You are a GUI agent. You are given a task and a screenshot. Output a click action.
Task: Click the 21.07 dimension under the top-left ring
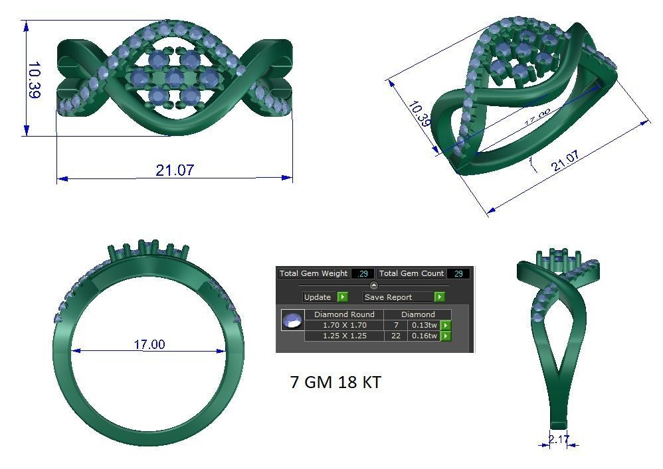pos(175,170)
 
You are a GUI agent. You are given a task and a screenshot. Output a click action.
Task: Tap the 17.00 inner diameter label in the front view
pos(149,344)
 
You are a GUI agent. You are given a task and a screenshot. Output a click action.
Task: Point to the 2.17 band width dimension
pos(559,439)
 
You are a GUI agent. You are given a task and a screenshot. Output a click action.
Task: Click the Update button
pos(325,297)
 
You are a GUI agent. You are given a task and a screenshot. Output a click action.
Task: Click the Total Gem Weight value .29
pos(363,273)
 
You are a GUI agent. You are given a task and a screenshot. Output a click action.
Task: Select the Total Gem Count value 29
pos(458,273)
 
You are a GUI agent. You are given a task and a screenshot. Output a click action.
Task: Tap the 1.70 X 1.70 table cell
pos(343,325)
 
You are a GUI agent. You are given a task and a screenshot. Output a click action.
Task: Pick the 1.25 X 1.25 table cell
pos(343,336)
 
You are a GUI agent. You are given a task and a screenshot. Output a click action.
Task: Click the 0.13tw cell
pos(424,325)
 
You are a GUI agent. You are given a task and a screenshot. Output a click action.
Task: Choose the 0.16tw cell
pos(424,336)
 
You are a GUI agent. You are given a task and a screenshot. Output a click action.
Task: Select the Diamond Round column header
pos(343,314)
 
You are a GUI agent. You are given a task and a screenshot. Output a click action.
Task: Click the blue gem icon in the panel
pos(292,321)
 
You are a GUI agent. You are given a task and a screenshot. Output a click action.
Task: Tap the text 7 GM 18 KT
pos(335,382)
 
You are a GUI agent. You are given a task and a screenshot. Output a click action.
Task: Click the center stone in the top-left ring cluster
pos(174,78)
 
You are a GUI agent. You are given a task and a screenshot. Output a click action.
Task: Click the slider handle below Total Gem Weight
pos(373,285)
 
